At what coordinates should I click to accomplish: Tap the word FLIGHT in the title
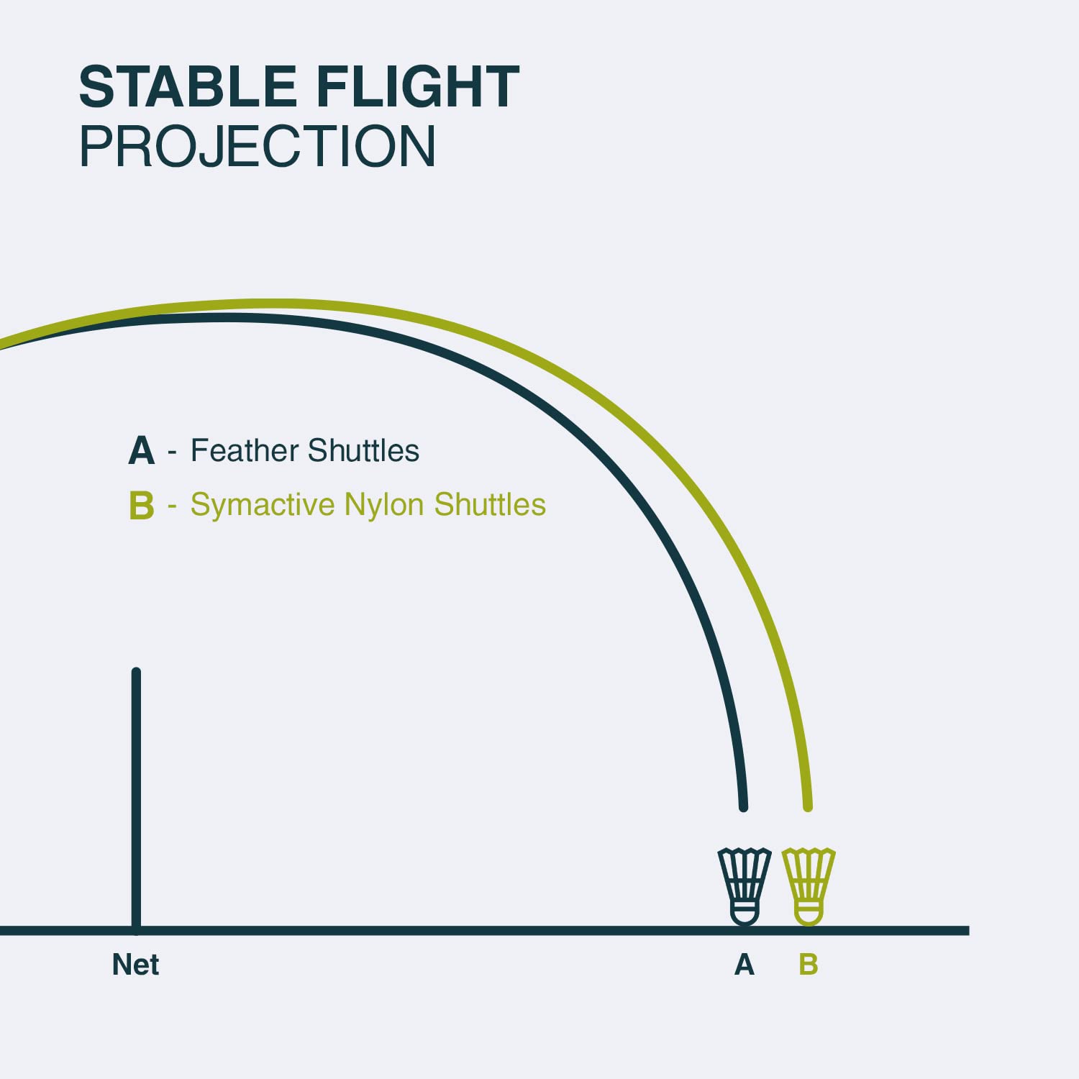[418, 87]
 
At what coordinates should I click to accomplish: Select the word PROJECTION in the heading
[258, 146]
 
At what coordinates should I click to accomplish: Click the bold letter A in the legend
[142, 451]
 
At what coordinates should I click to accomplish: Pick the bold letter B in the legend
[142, 505]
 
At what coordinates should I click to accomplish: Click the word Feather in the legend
[245, 450]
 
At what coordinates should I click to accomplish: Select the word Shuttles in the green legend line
[490, 504]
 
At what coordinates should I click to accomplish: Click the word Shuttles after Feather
[363, 450]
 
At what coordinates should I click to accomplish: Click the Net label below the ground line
[135, 965]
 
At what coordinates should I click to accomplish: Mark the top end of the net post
[136, 671]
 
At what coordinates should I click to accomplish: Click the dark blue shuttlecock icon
[745, 886]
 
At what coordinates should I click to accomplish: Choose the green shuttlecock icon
[809, 886]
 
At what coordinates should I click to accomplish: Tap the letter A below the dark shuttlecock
[745, 965]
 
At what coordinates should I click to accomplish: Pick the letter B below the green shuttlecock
[809, 965]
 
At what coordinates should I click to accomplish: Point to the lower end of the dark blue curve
[744, 807]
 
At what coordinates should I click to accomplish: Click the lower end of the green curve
[808, 807]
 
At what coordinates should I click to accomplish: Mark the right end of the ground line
[968, 931]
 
